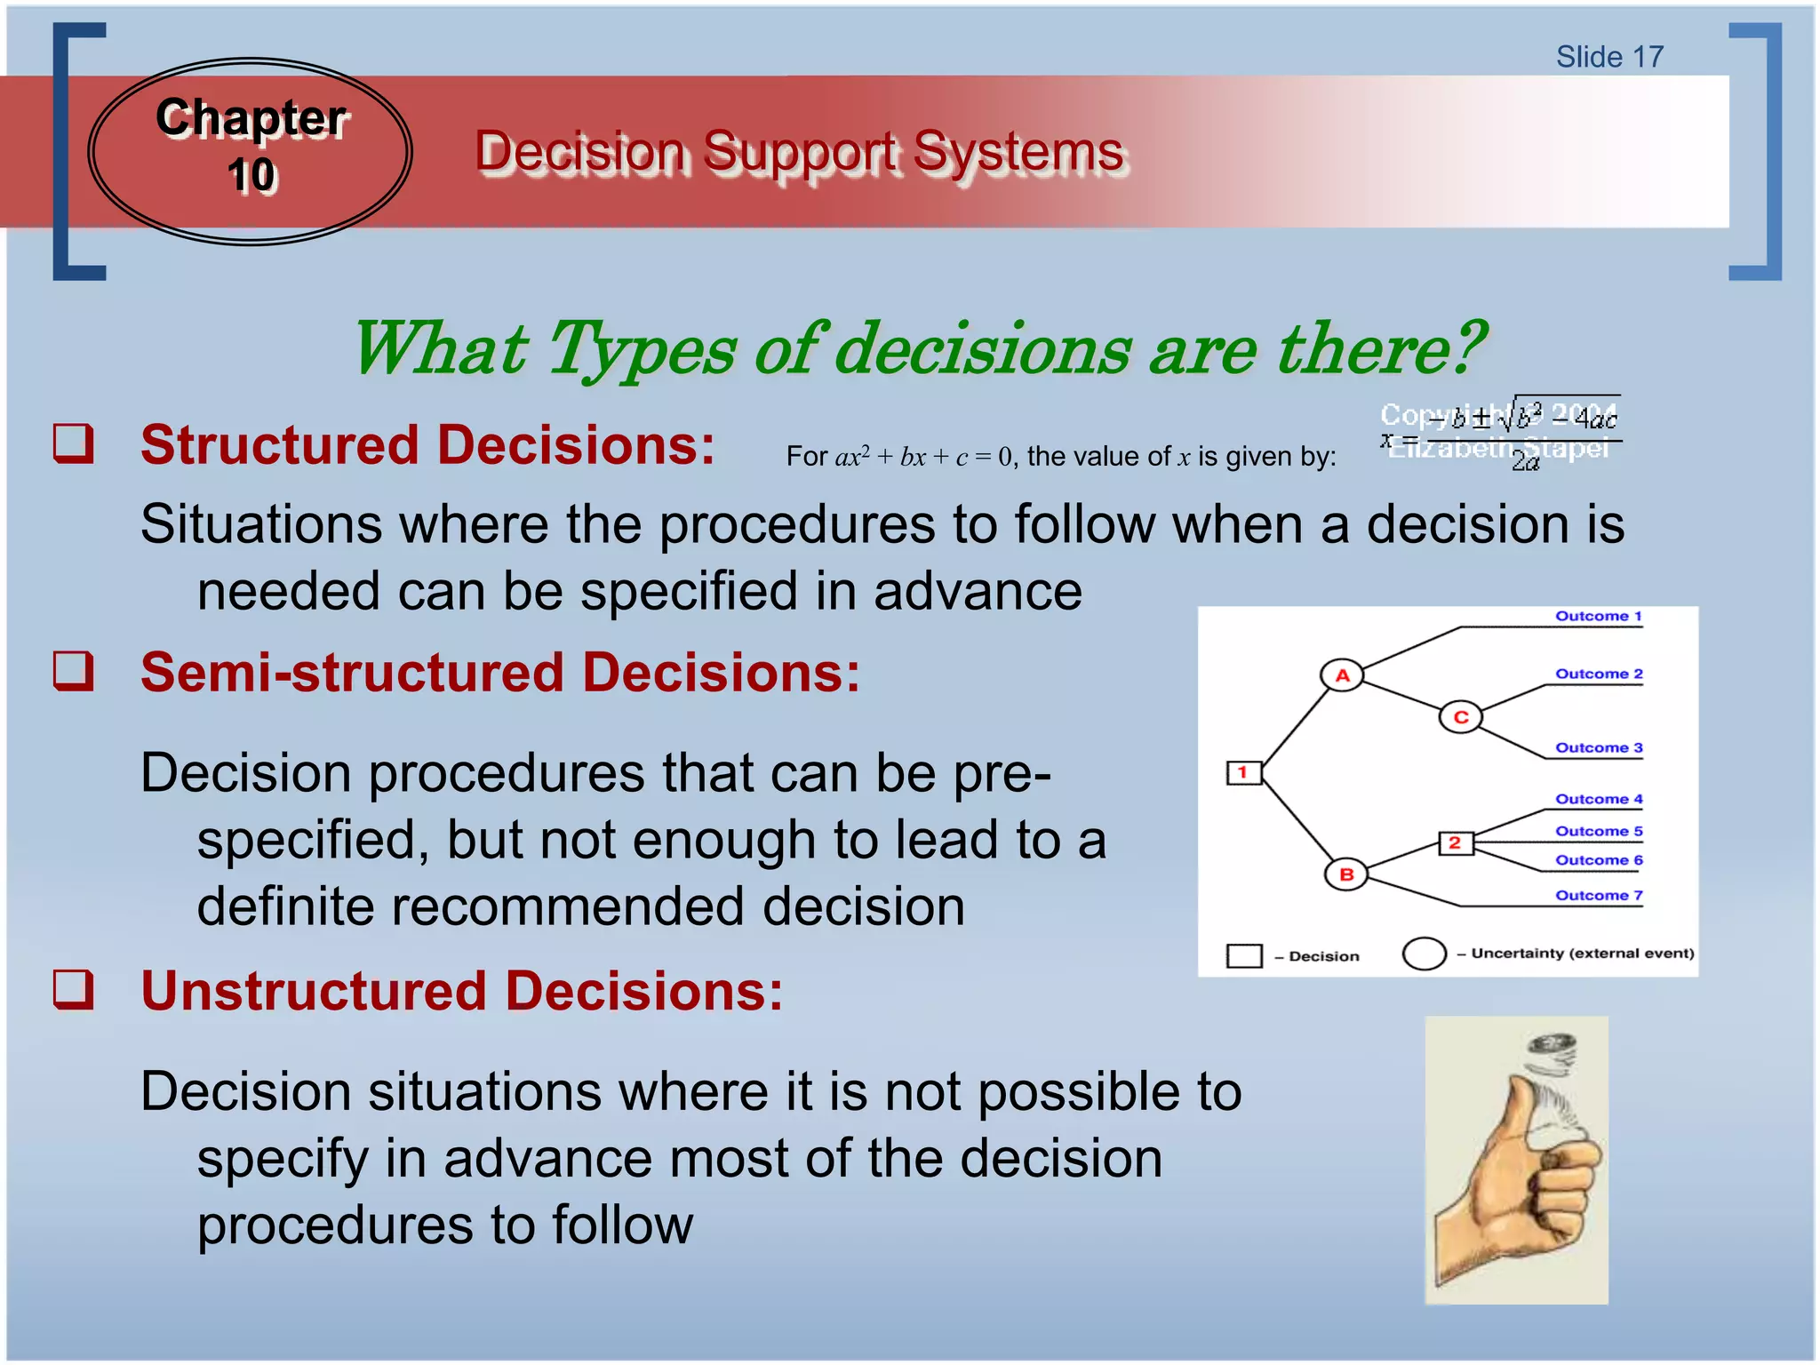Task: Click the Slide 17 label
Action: pyautogui.click(x=1608, y=57)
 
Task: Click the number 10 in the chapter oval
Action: pyautogui.click(x=252, y=175)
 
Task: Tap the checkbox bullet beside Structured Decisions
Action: pyautogui.click(x=73, y=443)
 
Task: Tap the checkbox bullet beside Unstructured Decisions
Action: pyautogui.click(x=73, y=988)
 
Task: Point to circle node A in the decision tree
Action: pyautogui.click(x=1342, y=675)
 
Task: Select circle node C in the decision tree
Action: pyautogui.click(x=1460, y=717)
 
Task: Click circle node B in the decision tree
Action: pyautogui.click(x=1346, y=874)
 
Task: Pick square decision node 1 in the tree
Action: pyautogui.click(x=1243, y=772)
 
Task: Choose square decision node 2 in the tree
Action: pyautogui.click(x=1455, y=842)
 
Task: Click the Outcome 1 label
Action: pyautogui.click(x=1598, y=616)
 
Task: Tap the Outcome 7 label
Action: pyautogui.click(x=1598, y=895)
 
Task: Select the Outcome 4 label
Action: pyautogui.click(x=1598, y=799)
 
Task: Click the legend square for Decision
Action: pyautogui.click(x=1244, y=955)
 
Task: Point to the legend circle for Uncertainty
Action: pyautogui.click(x=1424, y=954)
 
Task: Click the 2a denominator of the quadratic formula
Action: pyautogui.click(x=1525, y=461)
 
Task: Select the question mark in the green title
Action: pyautogui.click(x=1465, y=347)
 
